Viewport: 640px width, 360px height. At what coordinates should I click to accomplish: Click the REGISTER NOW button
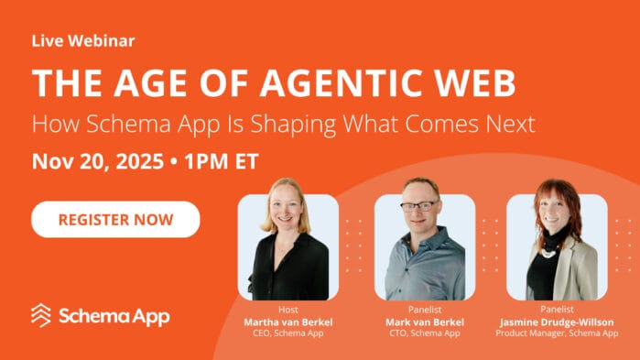[x=115, y=220]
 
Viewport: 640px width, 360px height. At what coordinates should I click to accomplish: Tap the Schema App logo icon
[x=42, y=315]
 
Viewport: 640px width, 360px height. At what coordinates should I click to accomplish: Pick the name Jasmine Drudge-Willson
[x=557, y=322]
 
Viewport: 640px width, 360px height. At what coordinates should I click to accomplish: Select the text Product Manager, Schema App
[x=557, y=333]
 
